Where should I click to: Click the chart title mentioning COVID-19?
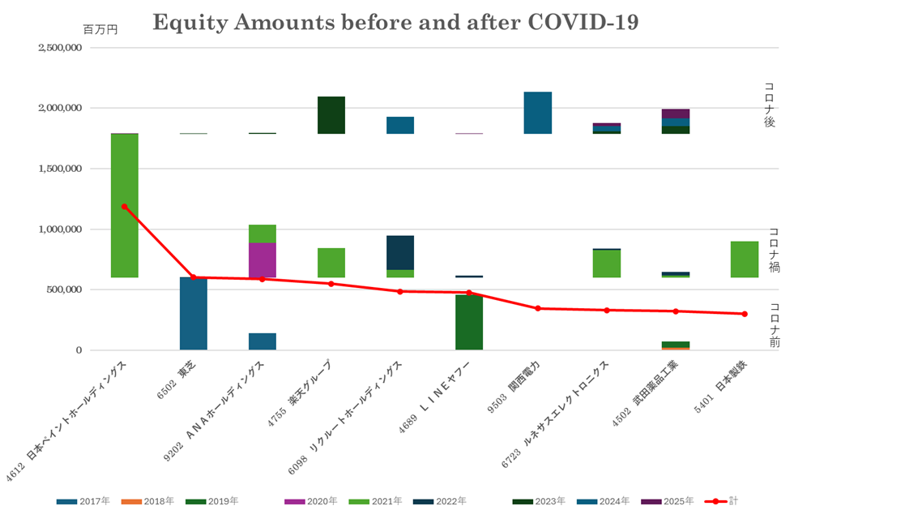pos(395,23)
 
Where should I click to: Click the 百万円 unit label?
pos(100,29)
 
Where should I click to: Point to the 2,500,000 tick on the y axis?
pos(60,47)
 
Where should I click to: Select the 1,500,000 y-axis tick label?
pos(60,169)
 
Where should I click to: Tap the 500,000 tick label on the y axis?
pos(66,290)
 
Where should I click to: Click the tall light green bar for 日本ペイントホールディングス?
pos(124,205)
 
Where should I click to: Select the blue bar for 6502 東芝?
pos(193,314)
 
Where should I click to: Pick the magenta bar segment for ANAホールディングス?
pos(262,259)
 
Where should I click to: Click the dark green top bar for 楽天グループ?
pos(331,114)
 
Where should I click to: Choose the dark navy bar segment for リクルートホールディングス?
pos(399,252)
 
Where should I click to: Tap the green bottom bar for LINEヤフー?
pos(468,322)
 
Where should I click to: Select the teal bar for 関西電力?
pos(537,112)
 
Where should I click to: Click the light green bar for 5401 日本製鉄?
pos(744,259)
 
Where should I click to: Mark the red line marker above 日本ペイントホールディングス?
pos(124,206)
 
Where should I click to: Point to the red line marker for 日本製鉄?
pos(744,313)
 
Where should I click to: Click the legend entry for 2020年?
pos(311,501)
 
